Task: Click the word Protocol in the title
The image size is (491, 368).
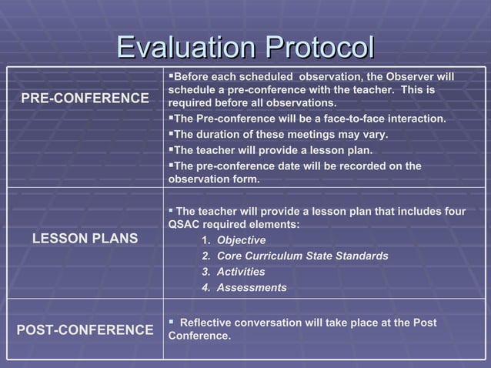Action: tap(318, 47)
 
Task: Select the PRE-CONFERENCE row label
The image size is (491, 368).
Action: tap(85, 99)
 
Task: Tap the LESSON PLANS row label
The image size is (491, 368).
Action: tap(85, 239)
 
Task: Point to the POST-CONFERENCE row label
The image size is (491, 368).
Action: tap(85, 330)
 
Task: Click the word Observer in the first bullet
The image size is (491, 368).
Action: tap(397, 76)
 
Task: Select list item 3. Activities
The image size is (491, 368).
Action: tap(233, 272)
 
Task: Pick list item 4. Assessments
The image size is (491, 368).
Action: tap(244, 288)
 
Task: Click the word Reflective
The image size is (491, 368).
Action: tap(206, 323)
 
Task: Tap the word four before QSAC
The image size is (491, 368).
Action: tap(454, 211)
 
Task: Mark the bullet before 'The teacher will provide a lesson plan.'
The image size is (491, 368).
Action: tap(171, 149)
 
